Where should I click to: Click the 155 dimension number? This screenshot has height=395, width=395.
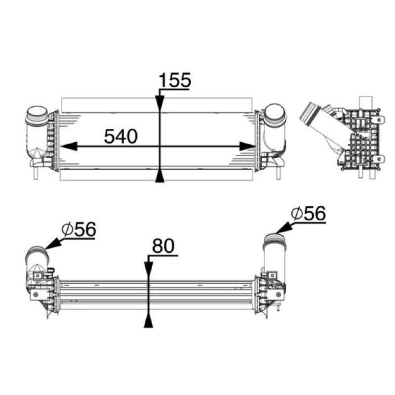pos(175,80)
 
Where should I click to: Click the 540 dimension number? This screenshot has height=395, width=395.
pos(121,136)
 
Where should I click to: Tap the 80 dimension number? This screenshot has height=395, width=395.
pos(163,245)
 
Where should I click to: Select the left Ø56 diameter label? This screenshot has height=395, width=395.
pos(79,229)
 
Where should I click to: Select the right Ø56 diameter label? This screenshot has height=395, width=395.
pos(308,213)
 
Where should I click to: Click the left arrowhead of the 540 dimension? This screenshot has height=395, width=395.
pos(69,146)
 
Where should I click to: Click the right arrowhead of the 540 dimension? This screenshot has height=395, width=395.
pos(248,146)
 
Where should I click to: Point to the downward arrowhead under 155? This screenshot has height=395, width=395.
pos(159,104)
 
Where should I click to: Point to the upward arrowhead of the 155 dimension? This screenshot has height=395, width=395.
pos(159,175)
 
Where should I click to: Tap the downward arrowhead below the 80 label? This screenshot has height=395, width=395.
pos(149,270)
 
